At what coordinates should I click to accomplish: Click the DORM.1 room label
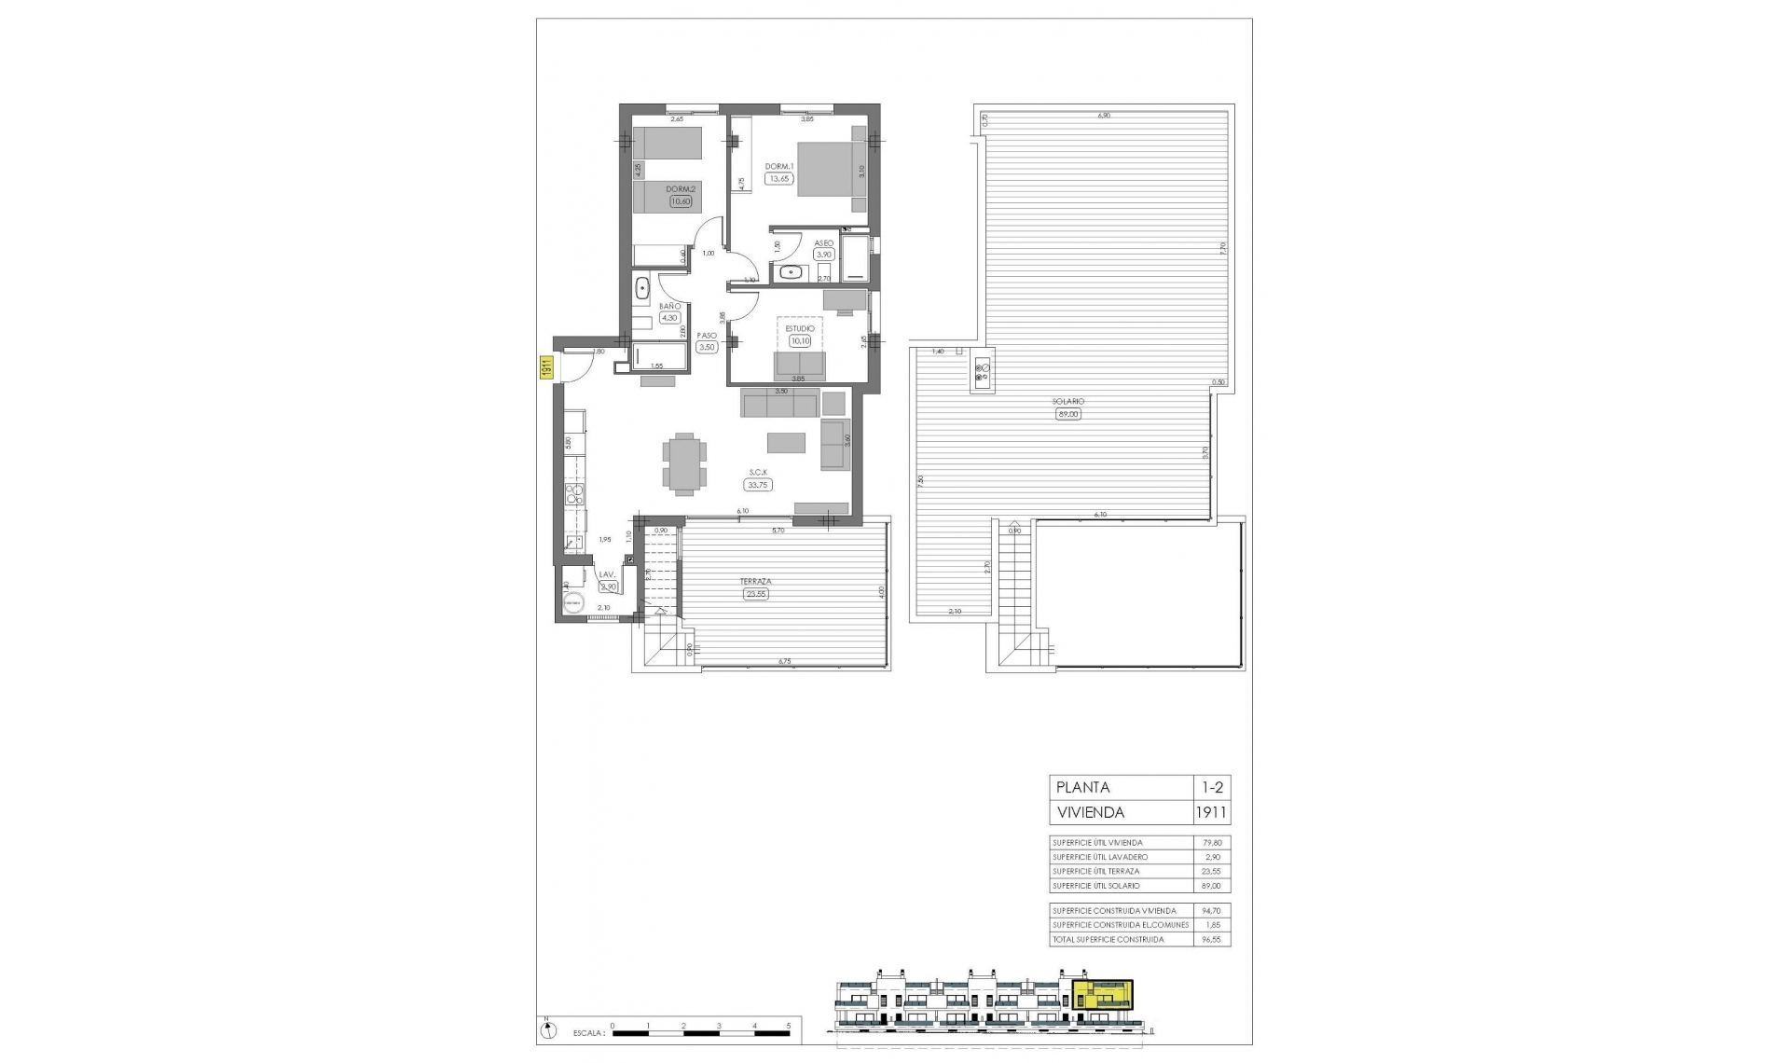click(x=779, y=167)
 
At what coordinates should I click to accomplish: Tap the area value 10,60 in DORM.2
click(x=681, y=201)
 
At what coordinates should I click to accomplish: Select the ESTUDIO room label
click(x=800, y=328)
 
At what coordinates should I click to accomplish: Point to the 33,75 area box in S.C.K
click(x=757, y=485)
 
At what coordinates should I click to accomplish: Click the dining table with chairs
click(x=685, y=461)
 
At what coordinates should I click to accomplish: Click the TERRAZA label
click(x=756, y=581)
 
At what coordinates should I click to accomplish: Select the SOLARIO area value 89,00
click(x=1068, y=414)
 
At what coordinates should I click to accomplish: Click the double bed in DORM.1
click(x=833, y=169)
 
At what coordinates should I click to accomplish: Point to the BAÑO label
click(x=668, y=306)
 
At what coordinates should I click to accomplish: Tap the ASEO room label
click(x=823, y=242)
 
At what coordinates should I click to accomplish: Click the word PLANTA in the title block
click(x=1083, y=787)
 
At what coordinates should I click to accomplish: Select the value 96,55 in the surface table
click(x=1211, y=939)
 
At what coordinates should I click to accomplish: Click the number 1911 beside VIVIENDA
click(x=1211, y=812)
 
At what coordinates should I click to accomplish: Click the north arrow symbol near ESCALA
click(x=549, y=1031)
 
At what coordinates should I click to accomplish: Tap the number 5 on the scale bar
click(x=789, y=1025)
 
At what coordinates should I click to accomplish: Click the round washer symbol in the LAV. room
click(x=572, y=603)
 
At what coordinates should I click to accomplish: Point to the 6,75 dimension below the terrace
click(x=784, y=661)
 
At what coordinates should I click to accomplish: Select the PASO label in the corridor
click(x=706, y=336)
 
